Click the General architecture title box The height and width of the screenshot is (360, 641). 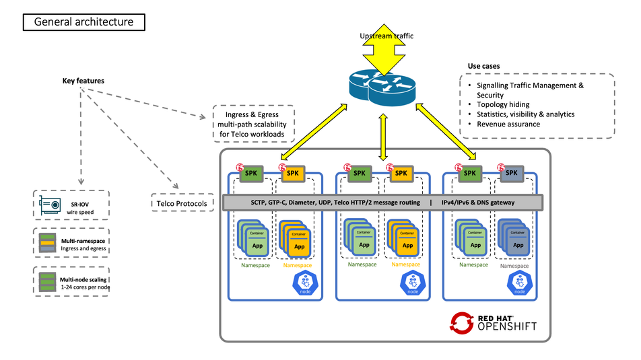[83, 22]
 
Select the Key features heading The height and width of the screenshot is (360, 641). [83, 81]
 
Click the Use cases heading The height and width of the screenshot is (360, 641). [483, 66]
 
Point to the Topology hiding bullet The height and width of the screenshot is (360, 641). [503, 105]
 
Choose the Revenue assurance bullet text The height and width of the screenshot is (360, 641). [508, 124]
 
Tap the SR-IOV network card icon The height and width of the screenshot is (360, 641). [50, 203]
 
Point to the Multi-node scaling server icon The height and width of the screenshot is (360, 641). [46, 283]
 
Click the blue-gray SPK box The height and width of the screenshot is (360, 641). [510, 173]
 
